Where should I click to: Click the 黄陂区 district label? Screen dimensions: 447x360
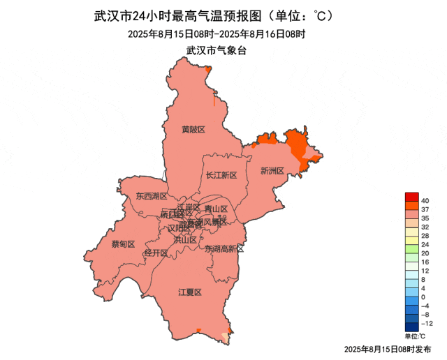(193, 130)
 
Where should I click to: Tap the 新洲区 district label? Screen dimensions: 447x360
(272, 170)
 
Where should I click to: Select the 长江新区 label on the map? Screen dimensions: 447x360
(222, 175)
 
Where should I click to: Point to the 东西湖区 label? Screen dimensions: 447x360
(152, 196)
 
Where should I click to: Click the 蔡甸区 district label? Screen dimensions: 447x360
(123, 243)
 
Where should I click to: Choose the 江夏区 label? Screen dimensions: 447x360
(189, 292)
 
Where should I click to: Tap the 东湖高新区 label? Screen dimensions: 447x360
(224, 248)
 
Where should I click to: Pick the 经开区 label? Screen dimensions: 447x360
(156, 253)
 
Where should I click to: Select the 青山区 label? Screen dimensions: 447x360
(217, 209)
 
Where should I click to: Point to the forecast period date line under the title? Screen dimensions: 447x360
(217, 33)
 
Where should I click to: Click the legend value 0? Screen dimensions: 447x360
(423, 297)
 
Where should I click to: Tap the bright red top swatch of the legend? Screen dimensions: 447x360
(411, 197)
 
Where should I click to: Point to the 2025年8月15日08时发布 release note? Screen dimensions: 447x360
(388, 348)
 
